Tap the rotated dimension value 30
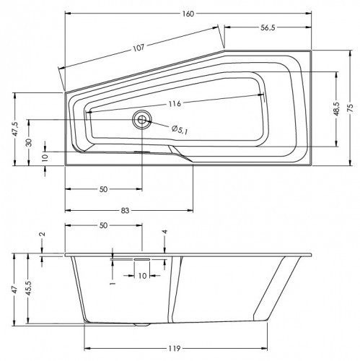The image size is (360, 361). point(29,142)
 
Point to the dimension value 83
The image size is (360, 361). point(124,210)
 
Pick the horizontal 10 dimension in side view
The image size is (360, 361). point(141,275)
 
